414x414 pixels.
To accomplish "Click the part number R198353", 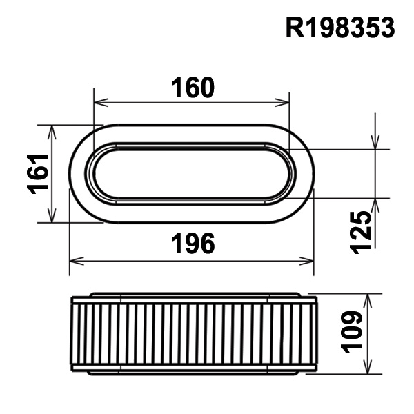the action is pos(340,28).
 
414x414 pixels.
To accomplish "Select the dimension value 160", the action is pos(193,88).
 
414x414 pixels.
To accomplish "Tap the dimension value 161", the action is pos(38,174).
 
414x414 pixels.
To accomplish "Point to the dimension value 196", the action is pos(193,243).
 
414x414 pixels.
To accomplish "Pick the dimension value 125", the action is pos(360,232).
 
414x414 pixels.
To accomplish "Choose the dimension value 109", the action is pos(352,332).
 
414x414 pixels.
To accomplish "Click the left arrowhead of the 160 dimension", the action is pos(101,102).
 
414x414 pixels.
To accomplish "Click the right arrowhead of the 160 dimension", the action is pos(282,102).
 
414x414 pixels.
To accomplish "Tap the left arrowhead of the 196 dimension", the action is pos(77,261).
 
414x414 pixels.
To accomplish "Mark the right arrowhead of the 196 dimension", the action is pos(306,261).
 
